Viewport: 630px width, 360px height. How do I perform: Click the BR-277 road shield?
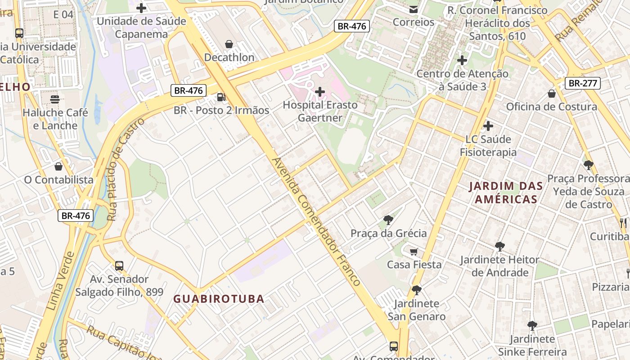(x=583, y=83)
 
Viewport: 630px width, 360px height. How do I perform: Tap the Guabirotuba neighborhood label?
(x=219, y=299)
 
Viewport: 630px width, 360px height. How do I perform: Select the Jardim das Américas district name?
(x=506, y=193)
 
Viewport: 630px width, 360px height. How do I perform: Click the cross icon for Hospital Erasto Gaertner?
(x=320, y=92)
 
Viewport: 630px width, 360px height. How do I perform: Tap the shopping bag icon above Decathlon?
(x=229, y=44)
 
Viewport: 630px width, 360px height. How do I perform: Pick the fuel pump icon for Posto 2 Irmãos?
(x=221, y=97)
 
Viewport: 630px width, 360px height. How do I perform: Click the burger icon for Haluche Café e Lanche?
(x=55, y=99)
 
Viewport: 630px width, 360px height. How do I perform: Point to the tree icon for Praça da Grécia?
(x=388, y=220)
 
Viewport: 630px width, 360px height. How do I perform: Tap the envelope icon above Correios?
(x=413, y=9)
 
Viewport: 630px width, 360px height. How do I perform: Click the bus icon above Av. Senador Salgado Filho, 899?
(x=119, y=265)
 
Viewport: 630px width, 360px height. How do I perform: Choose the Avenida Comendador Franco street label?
(x=316, y=221)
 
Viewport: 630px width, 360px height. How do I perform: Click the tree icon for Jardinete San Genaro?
(x=416, y=290)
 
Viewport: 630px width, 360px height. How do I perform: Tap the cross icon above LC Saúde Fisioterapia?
(x=488, y=126)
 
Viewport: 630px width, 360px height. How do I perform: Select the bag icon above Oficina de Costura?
(x=551, y=94)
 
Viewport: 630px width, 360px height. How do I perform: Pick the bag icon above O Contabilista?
(x=58, y=166)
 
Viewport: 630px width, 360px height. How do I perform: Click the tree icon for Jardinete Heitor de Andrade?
(x=499, y=246)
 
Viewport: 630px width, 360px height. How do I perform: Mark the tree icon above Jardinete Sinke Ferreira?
(x=532, y=325)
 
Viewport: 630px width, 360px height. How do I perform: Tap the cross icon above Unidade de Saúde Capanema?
(x=141, y=8)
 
